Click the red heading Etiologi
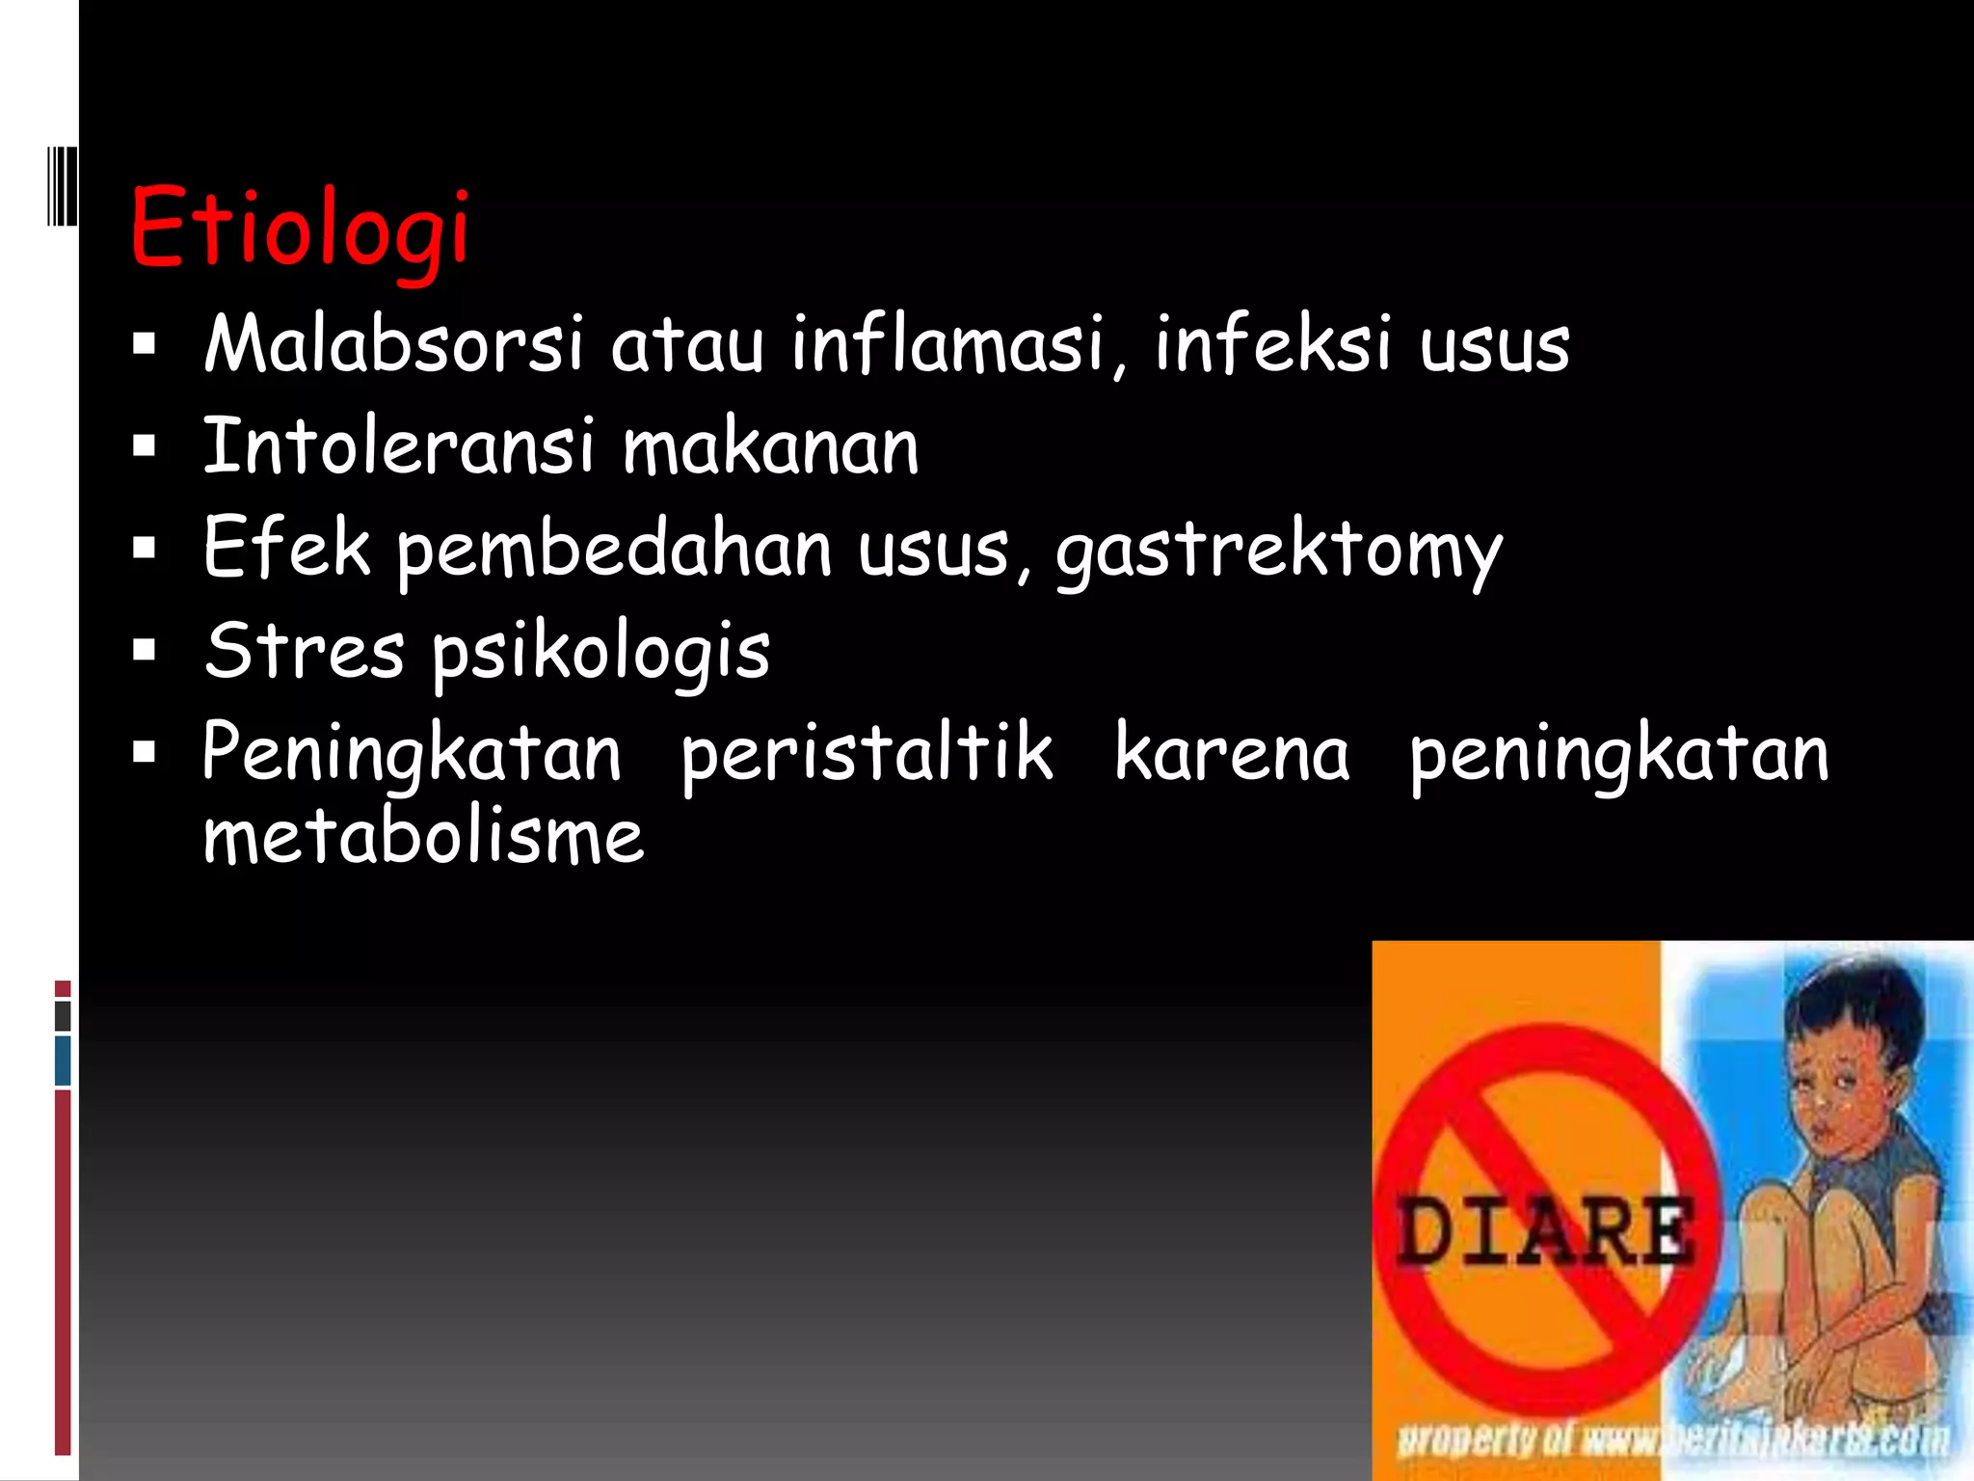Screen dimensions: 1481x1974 tap(299, 228)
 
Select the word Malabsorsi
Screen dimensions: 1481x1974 tap(393, 344)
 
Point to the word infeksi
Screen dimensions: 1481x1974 tap(1272, 344)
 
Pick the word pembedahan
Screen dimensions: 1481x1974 tap(614, 550)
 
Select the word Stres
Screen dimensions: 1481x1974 tap(304, 651)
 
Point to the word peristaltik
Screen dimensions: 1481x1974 tap(867, 753)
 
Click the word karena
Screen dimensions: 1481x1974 tap(1232, 753)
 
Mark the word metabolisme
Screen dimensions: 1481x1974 tap(423, 836)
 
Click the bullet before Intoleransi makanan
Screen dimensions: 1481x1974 tap(145, 446)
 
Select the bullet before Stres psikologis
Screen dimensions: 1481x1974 tap(145, 651)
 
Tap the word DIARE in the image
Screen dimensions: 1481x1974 tap(1544, 1232)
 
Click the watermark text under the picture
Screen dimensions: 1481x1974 tap(1672, 1441)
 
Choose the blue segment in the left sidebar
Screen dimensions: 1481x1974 tap(63, 1060)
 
